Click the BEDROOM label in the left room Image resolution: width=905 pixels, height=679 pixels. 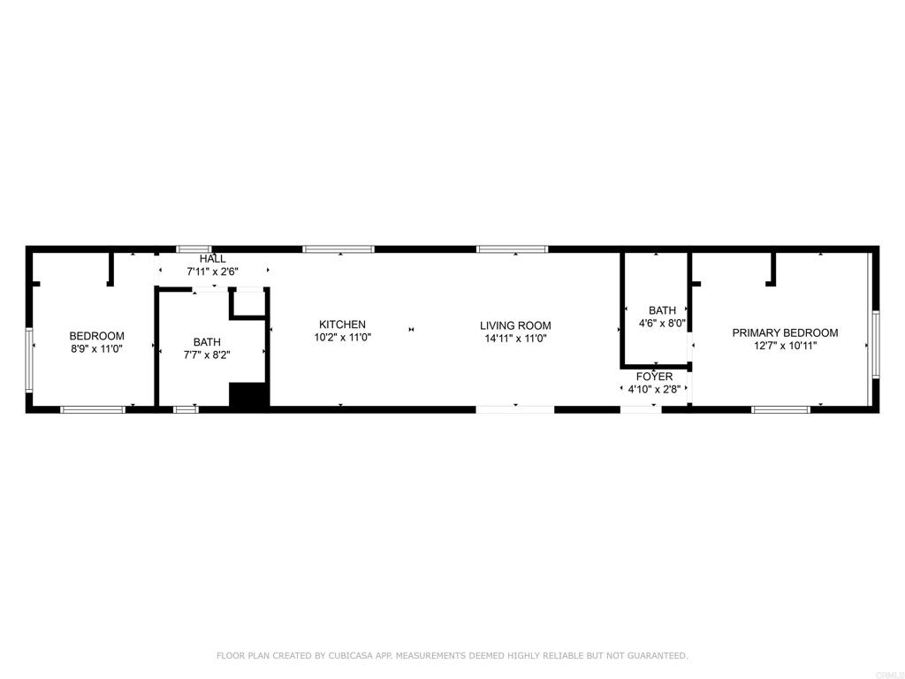pyautogui.click(x=96, y=336)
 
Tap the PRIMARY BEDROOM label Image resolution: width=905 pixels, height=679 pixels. pyautogui.click(x=785, y=333)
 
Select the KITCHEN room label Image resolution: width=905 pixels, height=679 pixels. pyautogui.click(x=342, y=324)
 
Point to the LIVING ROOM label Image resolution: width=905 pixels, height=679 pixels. pyautogui.click(x=515, y=325)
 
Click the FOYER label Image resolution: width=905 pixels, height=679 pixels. pyautogui.click(x=654, y=377)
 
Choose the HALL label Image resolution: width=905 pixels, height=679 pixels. pyautogui.click(x=212, y=259)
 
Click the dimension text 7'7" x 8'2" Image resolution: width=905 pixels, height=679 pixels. pyautogui.click(x=207, y=355)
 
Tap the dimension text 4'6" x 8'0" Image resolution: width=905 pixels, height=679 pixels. pyautogui.click(x=662, y=323)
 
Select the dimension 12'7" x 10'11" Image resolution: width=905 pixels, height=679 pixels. pyautogui.click(x=785, y=346)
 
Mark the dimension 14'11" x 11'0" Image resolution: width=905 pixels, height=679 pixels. pyautogui.click(x=515, y=338)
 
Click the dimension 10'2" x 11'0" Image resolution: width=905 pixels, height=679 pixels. pyautogui.click(x=342, y=337)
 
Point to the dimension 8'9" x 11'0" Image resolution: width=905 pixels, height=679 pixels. pyautogui.click(x=96, y=348)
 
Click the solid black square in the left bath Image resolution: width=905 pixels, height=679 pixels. pyautogui.click(x=248, y=395)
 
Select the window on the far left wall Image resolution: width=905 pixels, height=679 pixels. pyautogui.click(x=29, y=360)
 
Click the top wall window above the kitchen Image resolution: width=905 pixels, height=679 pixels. pyautogui.click(x=338, y=249)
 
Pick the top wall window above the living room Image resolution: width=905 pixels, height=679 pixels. pyautogui.click(x=512, y=249)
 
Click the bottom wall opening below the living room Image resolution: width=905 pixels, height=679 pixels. pyautogui.click(x=515, y=409)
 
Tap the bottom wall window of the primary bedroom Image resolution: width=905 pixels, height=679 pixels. pyautogui.click(x=780, y=409)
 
